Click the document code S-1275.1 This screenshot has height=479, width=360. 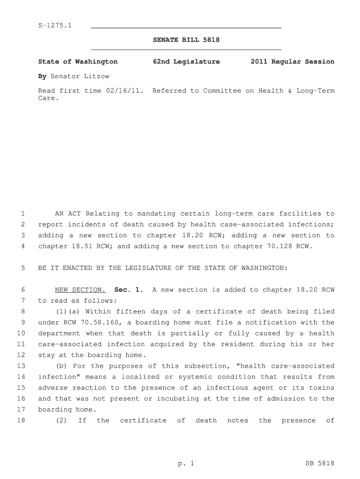click(55, 25)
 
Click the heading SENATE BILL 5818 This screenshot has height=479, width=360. click(186, 40)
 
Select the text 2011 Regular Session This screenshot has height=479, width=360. click(292, 62)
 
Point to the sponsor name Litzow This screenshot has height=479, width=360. click(95, 76)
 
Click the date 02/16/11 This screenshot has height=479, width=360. click(127, 91)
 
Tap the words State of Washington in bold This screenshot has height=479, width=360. click(78, 62)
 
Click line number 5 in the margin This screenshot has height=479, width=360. click(22, 268)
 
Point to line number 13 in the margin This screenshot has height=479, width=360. click(21, 366)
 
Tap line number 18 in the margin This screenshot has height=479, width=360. click(21, 421)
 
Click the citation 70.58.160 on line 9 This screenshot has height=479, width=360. click(101, 323)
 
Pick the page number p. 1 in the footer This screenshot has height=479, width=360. click(186, 464)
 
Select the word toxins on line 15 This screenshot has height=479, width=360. click(322, 388)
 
